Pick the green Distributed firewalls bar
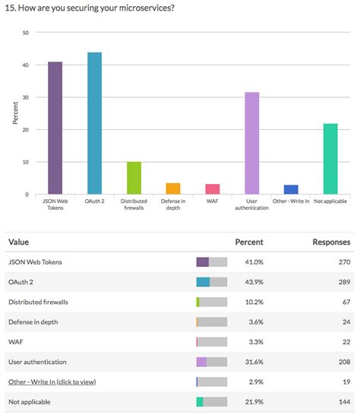click(x=134, y=178)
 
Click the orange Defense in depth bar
click(x=173, y=188)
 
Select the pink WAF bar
click(x=213, y=189)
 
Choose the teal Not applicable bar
click(x=330, y=159)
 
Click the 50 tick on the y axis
click(x=26, y=33)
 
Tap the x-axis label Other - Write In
click(x=291, y=201)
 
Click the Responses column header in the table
click(x=331, y=242)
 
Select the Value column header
click(x=20, y=242)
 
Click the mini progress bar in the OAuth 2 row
click(x=211, y=282)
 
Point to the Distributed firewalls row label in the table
click(x=38, y=302)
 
